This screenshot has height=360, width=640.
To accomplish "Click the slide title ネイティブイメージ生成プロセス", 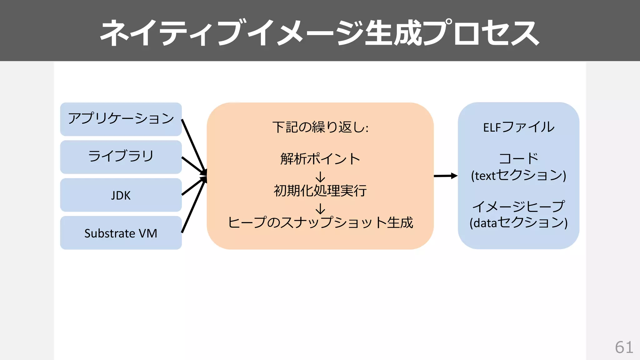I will point(319,32).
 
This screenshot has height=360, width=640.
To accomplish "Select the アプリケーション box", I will point(121,119).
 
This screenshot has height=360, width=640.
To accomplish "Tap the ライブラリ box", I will point(121,157).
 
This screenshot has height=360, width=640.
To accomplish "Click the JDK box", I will point(121,195).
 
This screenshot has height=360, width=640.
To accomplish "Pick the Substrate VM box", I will point(121,233).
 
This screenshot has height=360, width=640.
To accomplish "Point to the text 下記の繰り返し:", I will point(320,127).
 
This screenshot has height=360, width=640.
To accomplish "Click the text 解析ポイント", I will point(320,159).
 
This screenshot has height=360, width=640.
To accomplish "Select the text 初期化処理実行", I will point(320,191).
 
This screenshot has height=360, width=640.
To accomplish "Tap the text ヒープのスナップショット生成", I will point(320,222).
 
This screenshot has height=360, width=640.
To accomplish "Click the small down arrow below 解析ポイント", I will point(320,177).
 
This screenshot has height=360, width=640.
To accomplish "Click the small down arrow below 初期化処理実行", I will point(320,208).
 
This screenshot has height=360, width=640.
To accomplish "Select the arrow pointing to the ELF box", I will point(445,176).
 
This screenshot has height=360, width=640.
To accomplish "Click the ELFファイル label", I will point(519,127).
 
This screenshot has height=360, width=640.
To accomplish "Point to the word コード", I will point(519,158).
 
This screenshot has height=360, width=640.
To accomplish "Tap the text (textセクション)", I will point(519,175).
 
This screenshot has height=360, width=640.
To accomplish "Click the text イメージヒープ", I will point(519,206).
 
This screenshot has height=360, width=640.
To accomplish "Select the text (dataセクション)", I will point(519,223).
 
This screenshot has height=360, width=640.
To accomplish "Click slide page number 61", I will point(624,347).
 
